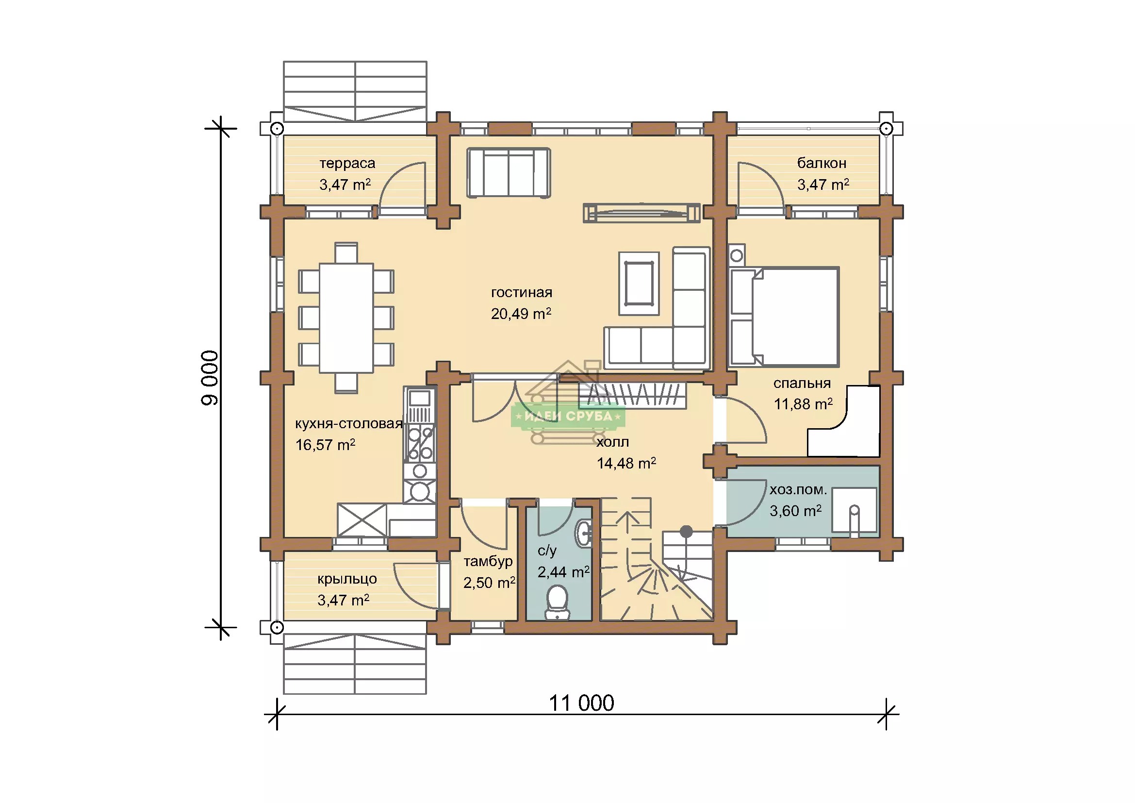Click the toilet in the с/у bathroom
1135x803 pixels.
point(557,602)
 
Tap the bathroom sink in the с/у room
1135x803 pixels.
point(584,533)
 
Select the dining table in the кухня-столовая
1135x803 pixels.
point(346,318)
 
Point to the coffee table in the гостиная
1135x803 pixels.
point(639,284)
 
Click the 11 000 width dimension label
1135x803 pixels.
point(582,703)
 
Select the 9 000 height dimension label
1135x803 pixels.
point(210,378)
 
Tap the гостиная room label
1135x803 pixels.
point(522,292)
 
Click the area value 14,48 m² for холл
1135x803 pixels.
point(626,463)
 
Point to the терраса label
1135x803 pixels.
point(347,163)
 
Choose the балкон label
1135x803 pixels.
point(822,163)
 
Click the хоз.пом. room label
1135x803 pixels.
point(798,489)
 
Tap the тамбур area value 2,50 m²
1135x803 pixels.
point(490,583)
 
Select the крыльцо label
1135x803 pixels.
point(347,579)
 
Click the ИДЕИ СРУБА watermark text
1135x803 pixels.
point(568,417)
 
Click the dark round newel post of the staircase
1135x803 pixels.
point(686,532)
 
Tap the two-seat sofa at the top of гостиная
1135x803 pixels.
point(509,173)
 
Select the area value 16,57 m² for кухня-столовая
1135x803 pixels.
point(325,445)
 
